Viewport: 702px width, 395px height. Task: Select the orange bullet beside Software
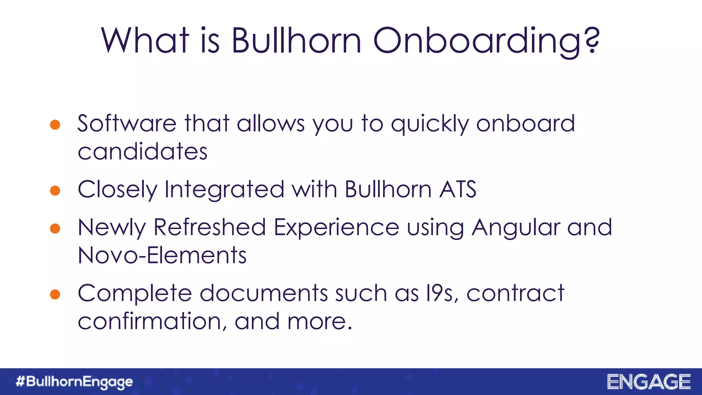tap(55, 124)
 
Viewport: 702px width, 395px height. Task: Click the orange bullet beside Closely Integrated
tap(55, 190)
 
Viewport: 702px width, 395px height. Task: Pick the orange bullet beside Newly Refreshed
tap(55, 228)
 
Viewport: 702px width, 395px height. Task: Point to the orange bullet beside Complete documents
tap(55, 294)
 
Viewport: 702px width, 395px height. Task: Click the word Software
tap(127, 123)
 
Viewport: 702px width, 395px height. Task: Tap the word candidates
tap(143, 152)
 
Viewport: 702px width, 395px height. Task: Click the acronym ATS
tap(458, 189)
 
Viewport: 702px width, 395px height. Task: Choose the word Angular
tap(516, 228)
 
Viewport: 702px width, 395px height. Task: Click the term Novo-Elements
tap(162, 255)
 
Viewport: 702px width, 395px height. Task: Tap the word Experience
tap(336, 228)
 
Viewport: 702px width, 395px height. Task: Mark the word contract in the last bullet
tap(515, 294)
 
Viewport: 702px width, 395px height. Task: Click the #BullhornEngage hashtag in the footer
tap(74, 382)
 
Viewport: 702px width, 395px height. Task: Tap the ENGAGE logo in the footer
tap(649, 382)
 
